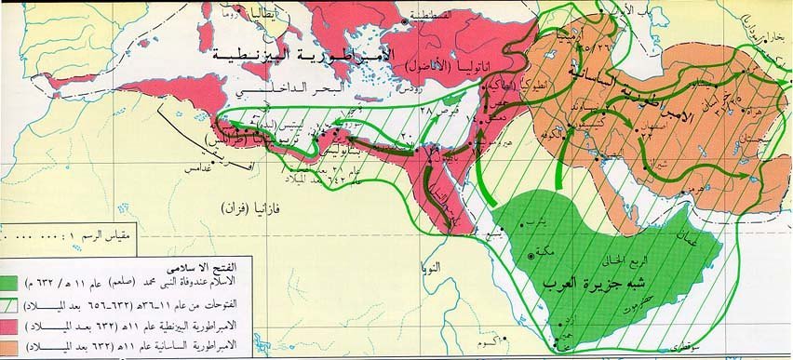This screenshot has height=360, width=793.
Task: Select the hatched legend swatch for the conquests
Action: click(20, 301)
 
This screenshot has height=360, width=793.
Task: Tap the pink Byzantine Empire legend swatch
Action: click(20, 325)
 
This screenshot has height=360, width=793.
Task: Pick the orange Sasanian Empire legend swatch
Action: click(20, 346)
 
